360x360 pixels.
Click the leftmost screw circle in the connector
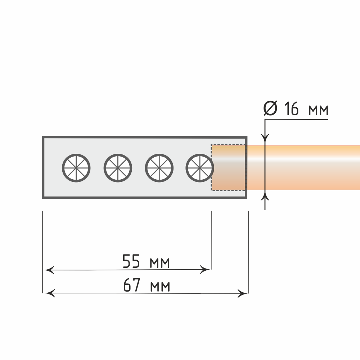click(76, 154)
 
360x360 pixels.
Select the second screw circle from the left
click(118, 154)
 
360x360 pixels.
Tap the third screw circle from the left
click(159, 154)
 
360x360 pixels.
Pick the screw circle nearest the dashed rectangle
click(200, 154)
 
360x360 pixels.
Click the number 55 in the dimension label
click(131, 261)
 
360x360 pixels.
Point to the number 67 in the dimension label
click(131, 285)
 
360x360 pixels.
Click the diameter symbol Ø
click(270, 108)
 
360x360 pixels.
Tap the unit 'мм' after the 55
click(160, 263)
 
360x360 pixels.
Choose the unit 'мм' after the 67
click(160, 287)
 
